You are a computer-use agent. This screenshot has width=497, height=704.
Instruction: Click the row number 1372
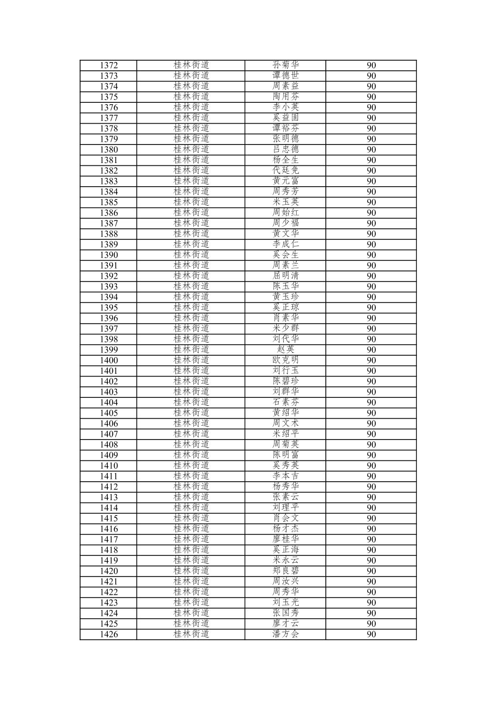(x=109, y=65)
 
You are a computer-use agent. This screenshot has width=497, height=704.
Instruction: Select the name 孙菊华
(x=286, y=65)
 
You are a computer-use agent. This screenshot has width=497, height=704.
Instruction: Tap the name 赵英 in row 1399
(x=286, y=350)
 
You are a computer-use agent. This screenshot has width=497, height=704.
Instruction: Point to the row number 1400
(x=109, y=360)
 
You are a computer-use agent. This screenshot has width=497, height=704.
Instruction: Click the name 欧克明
(x=286, y=360)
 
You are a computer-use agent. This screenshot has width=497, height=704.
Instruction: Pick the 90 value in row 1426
(x=371, y=635)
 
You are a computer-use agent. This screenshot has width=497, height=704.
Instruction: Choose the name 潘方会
(x=286, y=635)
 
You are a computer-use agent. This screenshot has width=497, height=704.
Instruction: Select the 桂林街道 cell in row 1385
(x=191, y=202)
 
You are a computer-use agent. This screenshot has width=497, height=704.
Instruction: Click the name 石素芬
(x=286, y=402)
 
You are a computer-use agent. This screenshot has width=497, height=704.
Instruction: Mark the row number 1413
(x=109, y=497)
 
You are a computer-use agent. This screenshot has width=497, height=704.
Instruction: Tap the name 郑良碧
(x=286, y=571)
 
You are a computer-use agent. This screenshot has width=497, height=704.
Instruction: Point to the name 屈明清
(x=286, y=276)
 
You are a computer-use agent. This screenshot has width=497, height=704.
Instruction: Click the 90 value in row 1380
(x=371, y=150)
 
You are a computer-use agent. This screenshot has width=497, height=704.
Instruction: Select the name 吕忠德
(x=286, y=150)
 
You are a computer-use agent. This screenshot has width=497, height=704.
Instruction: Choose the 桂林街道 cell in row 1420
(x=191, y=571)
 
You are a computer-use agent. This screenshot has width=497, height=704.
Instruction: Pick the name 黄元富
(x=286, y=181)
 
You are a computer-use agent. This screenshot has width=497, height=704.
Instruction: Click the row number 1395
(x=109, y=308)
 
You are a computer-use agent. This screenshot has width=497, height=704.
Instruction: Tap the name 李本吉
(x=286, y=476)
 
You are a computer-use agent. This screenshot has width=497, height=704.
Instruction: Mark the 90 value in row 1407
(x=371, y=434)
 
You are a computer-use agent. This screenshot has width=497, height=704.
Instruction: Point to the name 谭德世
(x=286, y=76)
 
